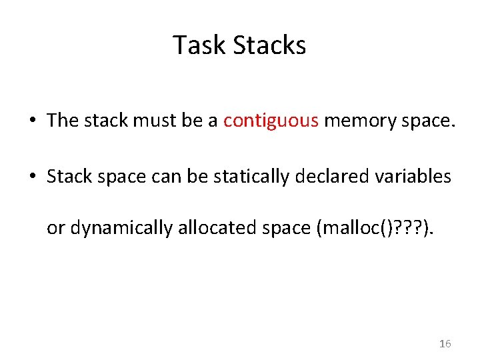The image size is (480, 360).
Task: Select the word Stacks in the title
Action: click(270, 45)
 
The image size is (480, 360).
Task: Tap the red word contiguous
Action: click(271, 121)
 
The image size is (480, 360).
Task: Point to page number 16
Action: click(445, 343)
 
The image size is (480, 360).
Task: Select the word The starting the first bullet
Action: click(63, 121)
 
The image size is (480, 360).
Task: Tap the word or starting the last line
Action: click(55, 228)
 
